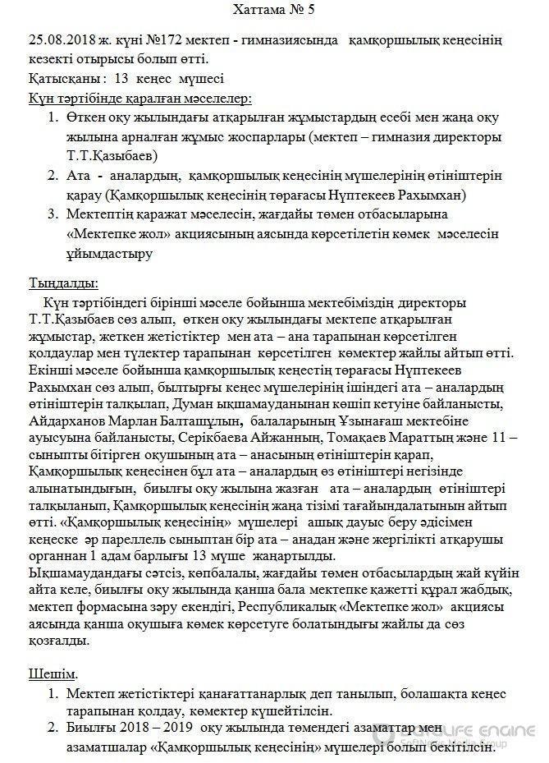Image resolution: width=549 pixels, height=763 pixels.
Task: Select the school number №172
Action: point(164,39)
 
